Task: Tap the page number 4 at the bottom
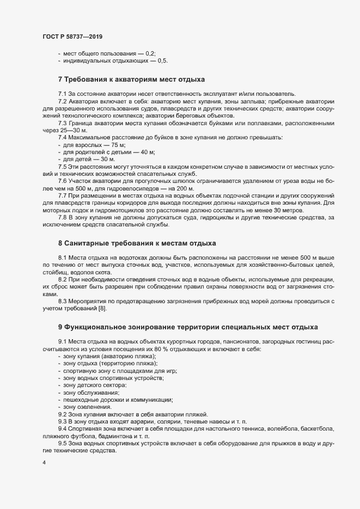point(43,463)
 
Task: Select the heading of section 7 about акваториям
point(131,79)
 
